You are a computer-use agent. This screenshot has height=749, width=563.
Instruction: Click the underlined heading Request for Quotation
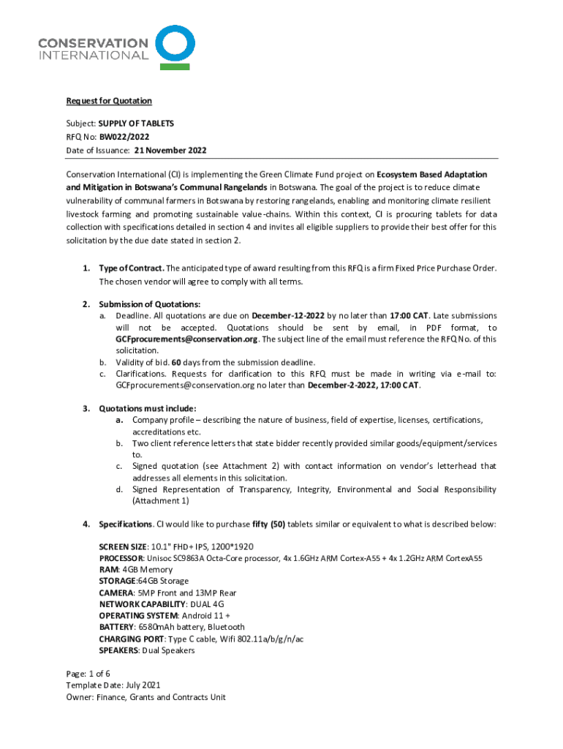[109, 101]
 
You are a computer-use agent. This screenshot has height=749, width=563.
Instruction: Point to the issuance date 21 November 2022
[170, 151]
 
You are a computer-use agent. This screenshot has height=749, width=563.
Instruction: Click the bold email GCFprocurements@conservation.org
[186, 339]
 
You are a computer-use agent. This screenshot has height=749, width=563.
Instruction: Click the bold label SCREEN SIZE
[122, 547]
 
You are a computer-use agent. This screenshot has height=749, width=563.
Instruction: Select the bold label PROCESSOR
[122, 558]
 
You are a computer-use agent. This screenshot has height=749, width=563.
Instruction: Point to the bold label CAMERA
[116, 592]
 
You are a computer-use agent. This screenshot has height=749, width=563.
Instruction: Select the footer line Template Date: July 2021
[113, 685]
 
